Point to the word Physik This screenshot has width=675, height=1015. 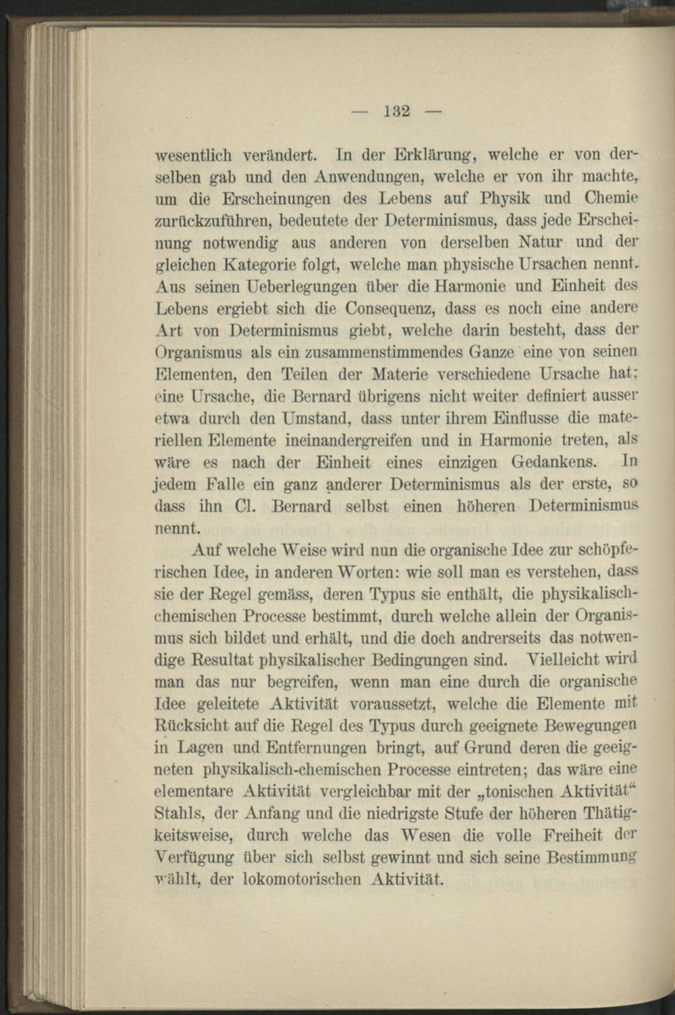point(509,198)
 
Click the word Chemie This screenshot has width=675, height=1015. point(612,198)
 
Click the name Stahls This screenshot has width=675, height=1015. point(175,813)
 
